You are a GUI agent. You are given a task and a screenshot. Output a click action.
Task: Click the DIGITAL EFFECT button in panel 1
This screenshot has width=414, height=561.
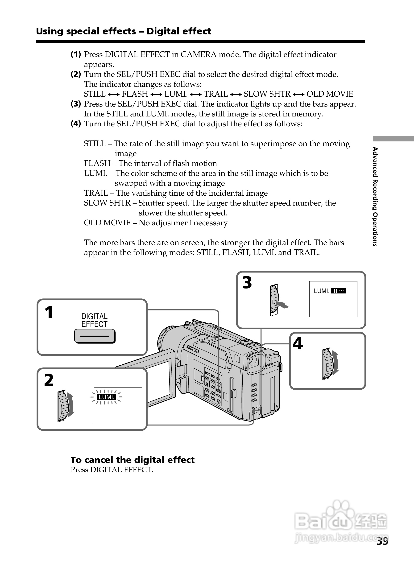pyautogui.click(x=95, y=336)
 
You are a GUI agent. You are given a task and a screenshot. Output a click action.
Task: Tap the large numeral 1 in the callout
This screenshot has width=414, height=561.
pyautogui.click(x=49, y=313)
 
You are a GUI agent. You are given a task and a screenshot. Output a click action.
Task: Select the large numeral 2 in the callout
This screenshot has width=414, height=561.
pyautogui.click(x=49, y=380)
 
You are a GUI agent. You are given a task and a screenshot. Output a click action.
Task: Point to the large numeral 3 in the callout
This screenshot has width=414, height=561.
pyautogui.click(x=247, y=282)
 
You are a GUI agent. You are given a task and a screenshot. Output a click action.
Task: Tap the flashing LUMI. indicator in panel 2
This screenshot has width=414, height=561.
pyautogui.click(x=107, y=397)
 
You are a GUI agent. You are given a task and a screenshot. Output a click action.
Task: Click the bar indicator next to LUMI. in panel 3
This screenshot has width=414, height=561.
pyautogui.click(x=339, y=291)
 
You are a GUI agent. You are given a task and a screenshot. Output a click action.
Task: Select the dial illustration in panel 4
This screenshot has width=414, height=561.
pyautogui.click(x=329, y=363)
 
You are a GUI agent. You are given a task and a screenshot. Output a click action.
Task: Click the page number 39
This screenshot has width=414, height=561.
pyautogui.click(x=382, y=541)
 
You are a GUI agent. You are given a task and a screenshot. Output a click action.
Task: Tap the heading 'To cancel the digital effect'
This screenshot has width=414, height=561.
pyautogui.click(x=132, y=460)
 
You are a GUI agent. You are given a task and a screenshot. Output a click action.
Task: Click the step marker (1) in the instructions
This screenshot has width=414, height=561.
pyautogui.click(x=76, y=54)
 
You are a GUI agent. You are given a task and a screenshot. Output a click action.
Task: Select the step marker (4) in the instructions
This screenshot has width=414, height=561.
pyautogui.click(x=76, y=124)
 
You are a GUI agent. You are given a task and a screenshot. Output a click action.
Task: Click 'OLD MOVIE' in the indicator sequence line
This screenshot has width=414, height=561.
pyautogui.click(x=330, y=94)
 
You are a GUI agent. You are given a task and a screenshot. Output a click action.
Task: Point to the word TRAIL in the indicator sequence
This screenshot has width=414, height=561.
pyautogui.click(x=216, y=94)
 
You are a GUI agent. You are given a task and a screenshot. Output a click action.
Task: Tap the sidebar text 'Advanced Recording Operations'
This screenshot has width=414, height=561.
pyautogui.click(x=375, y=196)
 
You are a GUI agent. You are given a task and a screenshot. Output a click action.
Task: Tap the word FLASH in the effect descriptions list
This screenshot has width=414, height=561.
pyautogui.click(x=97, y=163)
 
